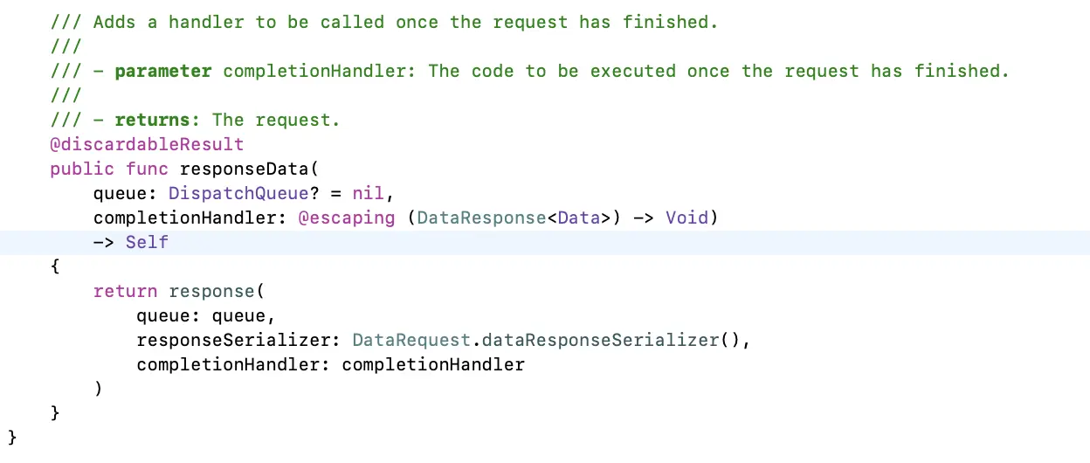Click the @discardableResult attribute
(147, 144)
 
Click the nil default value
(368, 193)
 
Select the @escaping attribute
(347, 218)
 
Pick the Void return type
(686, 218)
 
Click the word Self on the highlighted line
(147, 242)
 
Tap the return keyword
(125, 291)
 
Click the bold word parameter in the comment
(162, 71)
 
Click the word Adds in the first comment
(114, 22)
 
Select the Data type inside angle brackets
(578, 218)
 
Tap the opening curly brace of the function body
(55, 267)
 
